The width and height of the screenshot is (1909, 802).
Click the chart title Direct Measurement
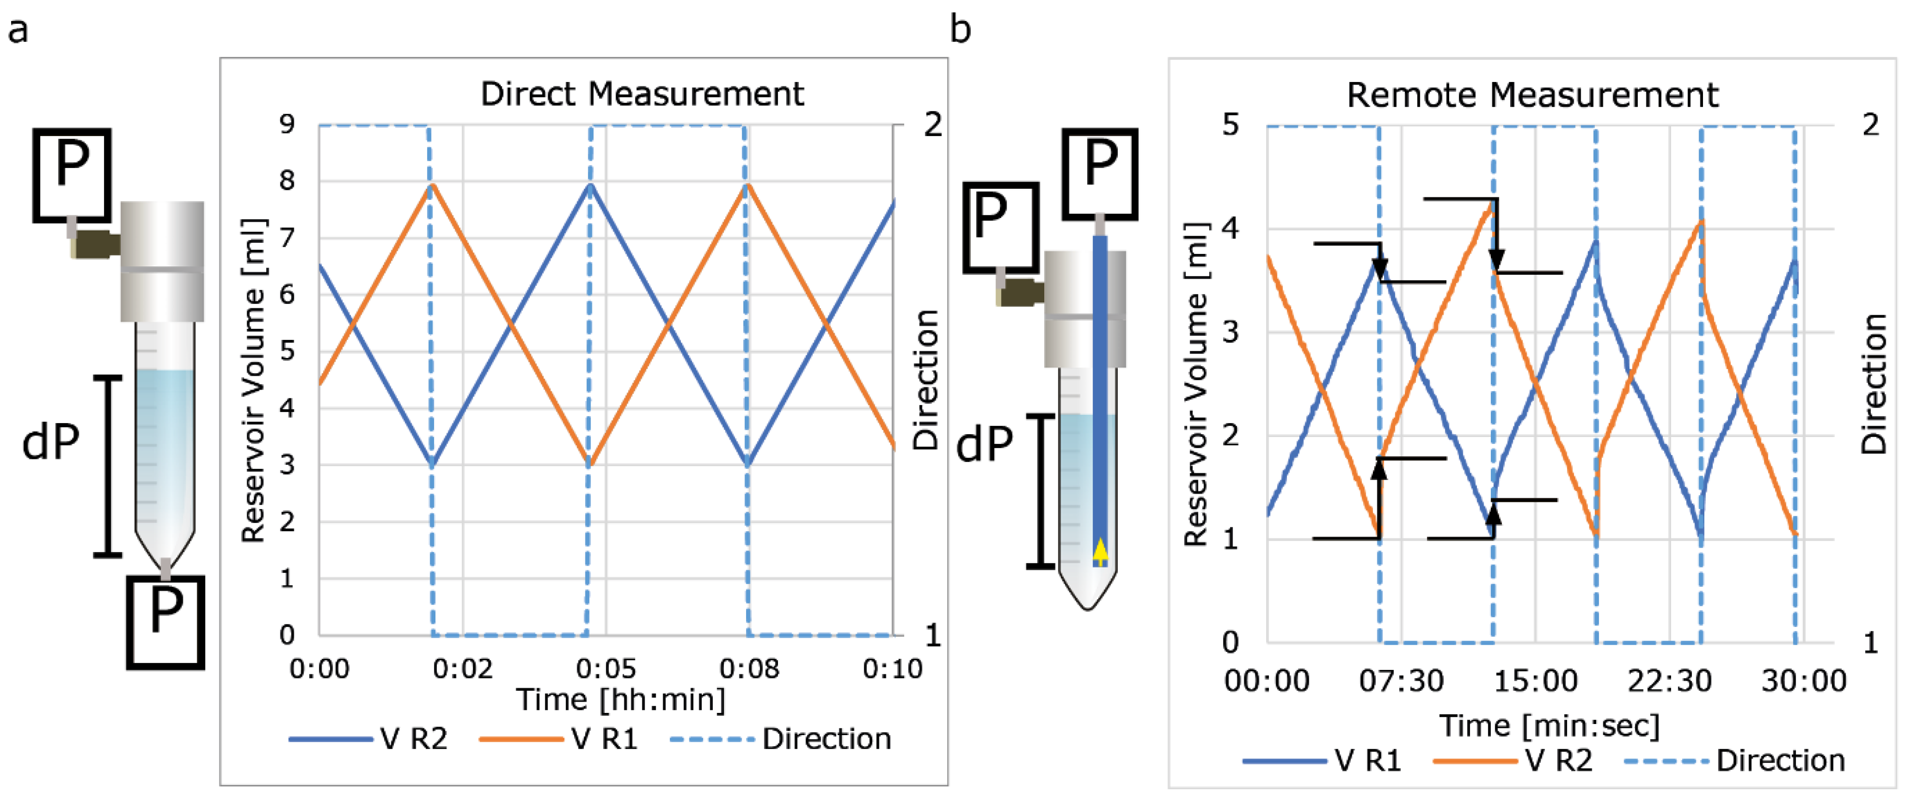[642, 94]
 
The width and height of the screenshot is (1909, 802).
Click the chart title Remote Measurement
[1532, 96]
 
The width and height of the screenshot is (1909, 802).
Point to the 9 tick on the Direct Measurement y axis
[287, 124]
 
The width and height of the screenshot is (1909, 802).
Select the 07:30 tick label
[1400, 681]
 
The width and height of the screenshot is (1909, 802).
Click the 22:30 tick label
[1669, 681]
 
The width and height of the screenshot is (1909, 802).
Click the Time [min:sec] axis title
[1549, 726]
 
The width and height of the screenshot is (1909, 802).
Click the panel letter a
[18, 31]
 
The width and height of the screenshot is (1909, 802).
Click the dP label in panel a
[51, 443]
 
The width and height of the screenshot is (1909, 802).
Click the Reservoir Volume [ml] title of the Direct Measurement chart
[253, 380]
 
